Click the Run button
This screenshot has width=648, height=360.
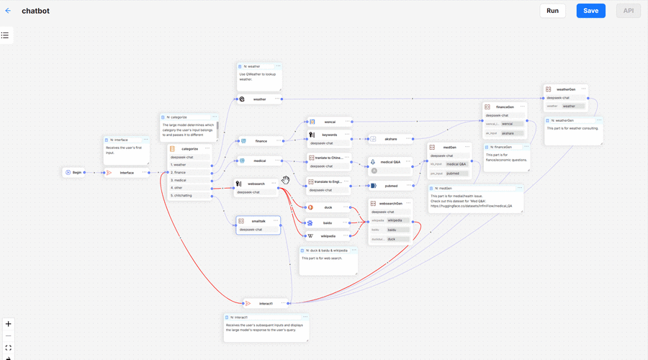tap(552, 11)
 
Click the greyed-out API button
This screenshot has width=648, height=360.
tap(628, 11)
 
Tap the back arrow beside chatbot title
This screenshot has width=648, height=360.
tap(9, 11)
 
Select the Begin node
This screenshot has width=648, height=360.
tap(75, 172)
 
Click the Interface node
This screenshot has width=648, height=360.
tap(126, 172)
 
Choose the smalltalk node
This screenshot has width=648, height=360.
tap(258, 221)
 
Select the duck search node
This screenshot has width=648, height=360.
tap(328, 207)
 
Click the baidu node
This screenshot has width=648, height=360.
tap(328, 222)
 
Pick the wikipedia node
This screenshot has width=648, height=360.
tap(328, 235)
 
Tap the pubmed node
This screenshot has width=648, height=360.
tap(391, 185)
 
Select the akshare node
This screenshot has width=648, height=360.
tap(391, 138)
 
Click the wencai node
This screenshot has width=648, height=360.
tap(330, 122)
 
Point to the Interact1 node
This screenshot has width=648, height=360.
tap(266, 303)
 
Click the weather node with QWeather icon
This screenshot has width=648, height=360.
tap(259, 99)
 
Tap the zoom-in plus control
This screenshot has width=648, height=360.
tap(8, 324)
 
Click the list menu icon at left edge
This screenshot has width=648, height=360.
tap(5, 35)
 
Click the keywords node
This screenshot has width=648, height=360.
tap(330, 135)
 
